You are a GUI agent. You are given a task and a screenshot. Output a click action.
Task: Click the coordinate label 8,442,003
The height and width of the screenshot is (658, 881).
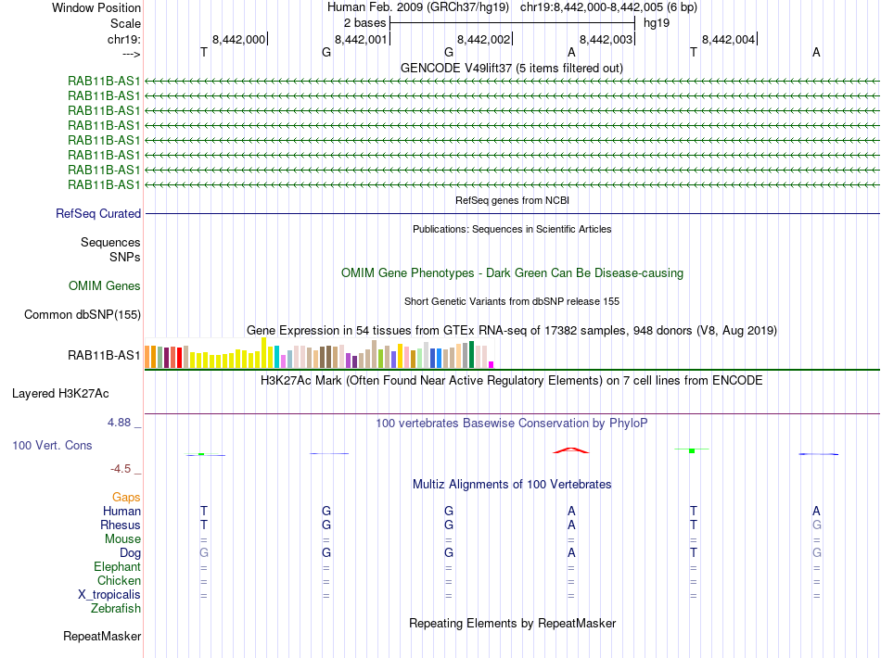606,39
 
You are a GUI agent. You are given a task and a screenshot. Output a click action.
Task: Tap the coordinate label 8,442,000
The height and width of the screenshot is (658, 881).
239,39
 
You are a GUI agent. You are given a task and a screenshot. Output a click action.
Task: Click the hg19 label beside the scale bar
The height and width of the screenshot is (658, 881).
657,22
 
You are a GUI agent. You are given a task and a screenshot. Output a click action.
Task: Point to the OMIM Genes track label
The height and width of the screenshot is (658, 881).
105,286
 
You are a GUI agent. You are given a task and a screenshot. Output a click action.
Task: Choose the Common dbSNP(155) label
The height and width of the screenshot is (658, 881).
83,315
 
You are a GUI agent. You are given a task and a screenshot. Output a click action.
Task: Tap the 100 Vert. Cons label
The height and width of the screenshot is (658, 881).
52,446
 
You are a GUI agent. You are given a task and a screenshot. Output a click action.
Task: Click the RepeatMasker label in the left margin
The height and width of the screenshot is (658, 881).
102,637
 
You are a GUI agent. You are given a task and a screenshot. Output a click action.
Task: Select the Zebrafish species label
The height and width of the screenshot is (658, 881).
116,609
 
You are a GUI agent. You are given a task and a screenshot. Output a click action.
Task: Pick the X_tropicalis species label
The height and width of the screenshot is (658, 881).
109,595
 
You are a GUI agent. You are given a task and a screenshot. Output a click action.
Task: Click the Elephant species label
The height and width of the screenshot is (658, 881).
117,567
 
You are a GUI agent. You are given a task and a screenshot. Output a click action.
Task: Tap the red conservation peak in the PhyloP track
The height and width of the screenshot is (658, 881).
570,450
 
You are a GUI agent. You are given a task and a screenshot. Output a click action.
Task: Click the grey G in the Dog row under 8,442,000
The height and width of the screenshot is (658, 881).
204,553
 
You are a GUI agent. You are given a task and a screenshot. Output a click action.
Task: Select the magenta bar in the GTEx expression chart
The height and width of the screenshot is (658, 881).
492,364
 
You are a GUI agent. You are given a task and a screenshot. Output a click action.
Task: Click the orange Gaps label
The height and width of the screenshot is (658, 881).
126,498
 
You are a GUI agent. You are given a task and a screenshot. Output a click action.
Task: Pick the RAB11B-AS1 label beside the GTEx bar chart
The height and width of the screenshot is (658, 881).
105,355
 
